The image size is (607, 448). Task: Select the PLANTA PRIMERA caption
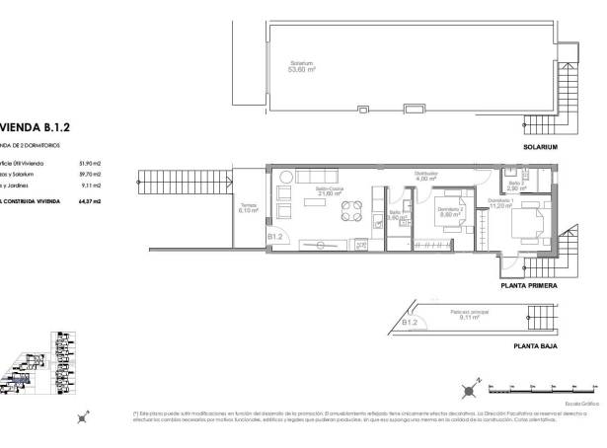529,285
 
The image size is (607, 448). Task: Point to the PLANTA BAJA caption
535,346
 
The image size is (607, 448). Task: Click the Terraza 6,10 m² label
247,208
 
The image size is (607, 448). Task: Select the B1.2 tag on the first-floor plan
275,237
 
